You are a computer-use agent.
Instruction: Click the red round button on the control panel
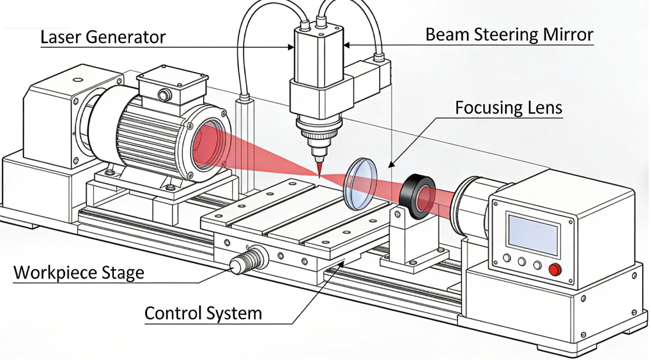[554, 270]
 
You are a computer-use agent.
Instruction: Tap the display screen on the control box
[533, 233]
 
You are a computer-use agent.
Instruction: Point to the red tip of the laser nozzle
[319, 169]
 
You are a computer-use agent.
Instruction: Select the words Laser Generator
[103, 37]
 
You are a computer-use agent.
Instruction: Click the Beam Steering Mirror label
[509, 35]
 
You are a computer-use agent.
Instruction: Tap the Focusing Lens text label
[508, 108]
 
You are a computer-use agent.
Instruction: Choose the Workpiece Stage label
[78, 273]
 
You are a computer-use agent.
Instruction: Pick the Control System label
[203, 313]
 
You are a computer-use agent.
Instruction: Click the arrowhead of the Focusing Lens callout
[390, 163]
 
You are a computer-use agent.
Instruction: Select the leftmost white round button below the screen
[506, 260]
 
